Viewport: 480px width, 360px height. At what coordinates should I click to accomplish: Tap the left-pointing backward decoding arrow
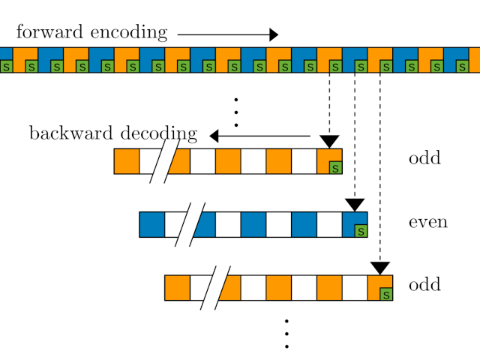(x=259, y=136)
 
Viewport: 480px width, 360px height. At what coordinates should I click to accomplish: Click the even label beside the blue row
(x=427, y=222)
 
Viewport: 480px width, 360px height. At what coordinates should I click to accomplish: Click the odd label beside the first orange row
(x=424, y=159)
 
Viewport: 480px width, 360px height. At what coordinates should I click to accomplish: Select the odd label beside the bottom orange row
(x=424, y=286)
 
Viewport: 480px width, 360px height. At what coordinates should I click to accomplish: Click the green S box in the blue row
(x=361, y=231)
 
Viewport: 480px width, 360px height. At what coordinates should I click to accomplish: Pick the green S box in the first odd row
(x=335, y=168)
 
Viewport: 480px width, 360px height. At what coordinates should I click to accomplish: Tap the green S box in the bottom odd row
(x=386, y=294)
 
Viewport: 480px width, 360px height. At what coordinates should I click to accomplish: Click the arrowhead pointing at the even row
(x=355, y=205)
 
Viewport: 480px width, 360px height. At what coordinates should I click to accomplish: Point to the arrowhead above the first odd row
(x=329, y=141)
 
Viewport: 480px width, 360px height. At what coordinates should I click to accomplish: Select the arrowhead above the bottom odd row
(x=380, y=268)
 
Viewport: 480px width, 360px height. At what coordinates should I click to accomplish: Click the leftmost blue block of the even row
(x=151, y=224)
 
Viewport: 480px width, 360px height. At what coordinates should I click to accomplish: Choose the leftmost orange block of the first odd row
(x=126, y=161)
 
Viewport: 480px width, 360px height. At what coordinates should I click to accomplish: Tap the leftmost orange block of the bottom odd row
(x=177, y=288)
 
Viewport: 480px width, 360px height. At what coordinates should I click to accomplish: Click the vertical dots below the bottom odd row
(x=286, y=334)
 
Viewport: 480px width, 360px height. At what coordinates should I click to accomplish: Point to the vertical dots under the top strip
(x=235, y=112)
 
